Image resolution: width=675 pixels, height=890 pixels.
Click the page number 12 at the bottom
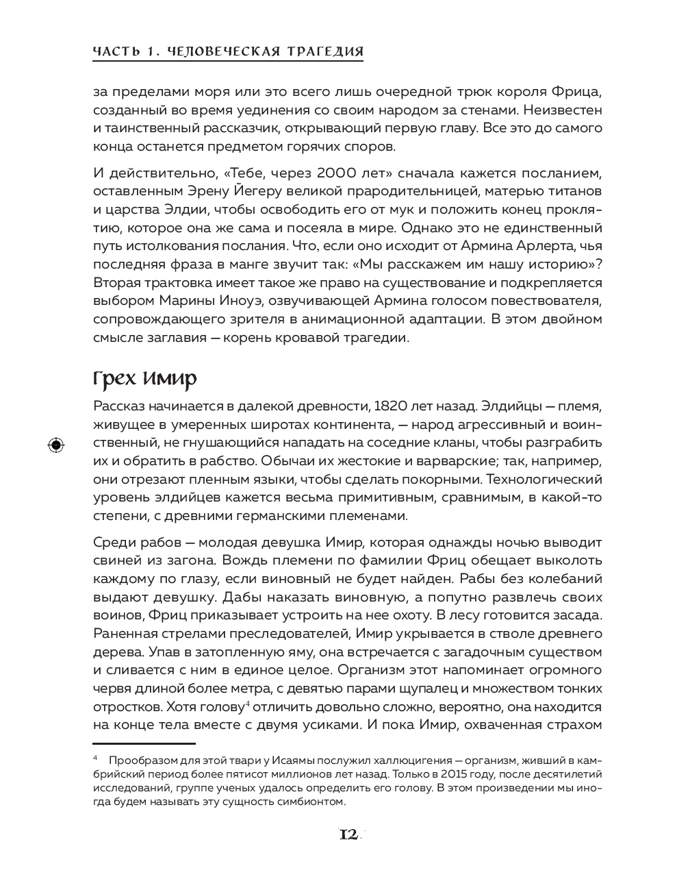pyautogui.click(x=348, y=835)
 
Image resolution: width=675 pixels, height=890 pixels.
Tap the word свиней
pyautogui.click(x=114, y=560)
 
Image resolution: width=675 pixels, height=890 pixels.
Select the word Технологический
pyautogui.click(x=544, y=478)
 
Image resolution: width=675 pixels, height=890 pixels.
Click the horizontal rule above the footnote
pyautogui.click(x=144, y=742)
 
